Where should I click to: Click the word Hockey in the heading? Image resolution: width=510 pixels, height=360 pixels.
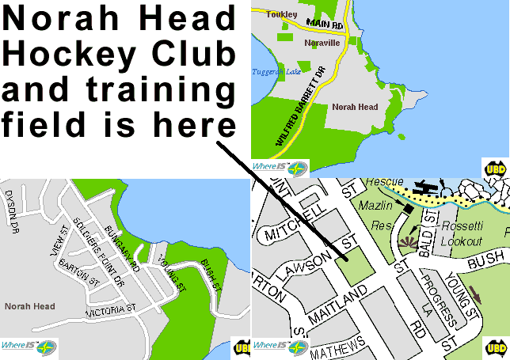click(x=61, y=55)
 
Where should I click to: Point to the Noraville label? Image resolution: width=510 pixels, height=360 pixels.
click(x=324, y=42)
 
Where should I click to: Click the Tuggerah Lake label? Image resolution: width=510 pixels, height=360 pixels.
click(x=274, y=71)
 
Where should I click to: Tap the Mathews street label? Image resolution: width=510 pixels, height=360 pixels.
click(x=338, y=347)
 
